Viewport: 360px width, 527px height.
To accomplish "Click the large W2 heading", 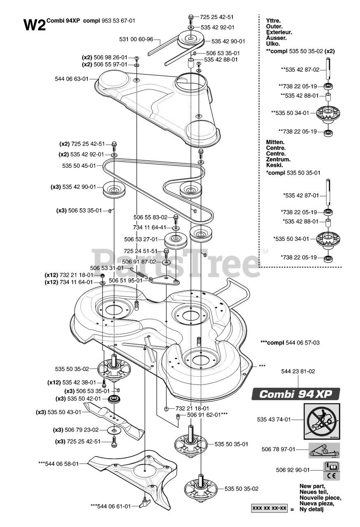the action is click(34, 25).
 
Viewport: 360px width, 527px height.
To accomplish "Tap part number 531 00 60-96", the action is click(136, 40).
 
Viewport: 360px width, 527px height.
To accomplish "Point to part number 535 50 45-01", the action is click(79, 166).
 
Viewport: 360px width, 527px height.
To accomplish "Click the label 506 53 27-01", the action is click(141, 239).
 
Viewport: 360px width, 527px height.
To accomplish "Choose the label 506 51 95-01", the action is click(126, 280).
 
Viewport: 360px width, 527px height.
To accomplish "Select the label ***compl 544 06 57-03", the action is click(290, 342).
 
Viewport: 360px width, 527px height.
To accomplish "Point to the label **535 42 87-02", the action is click(300, 70).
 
